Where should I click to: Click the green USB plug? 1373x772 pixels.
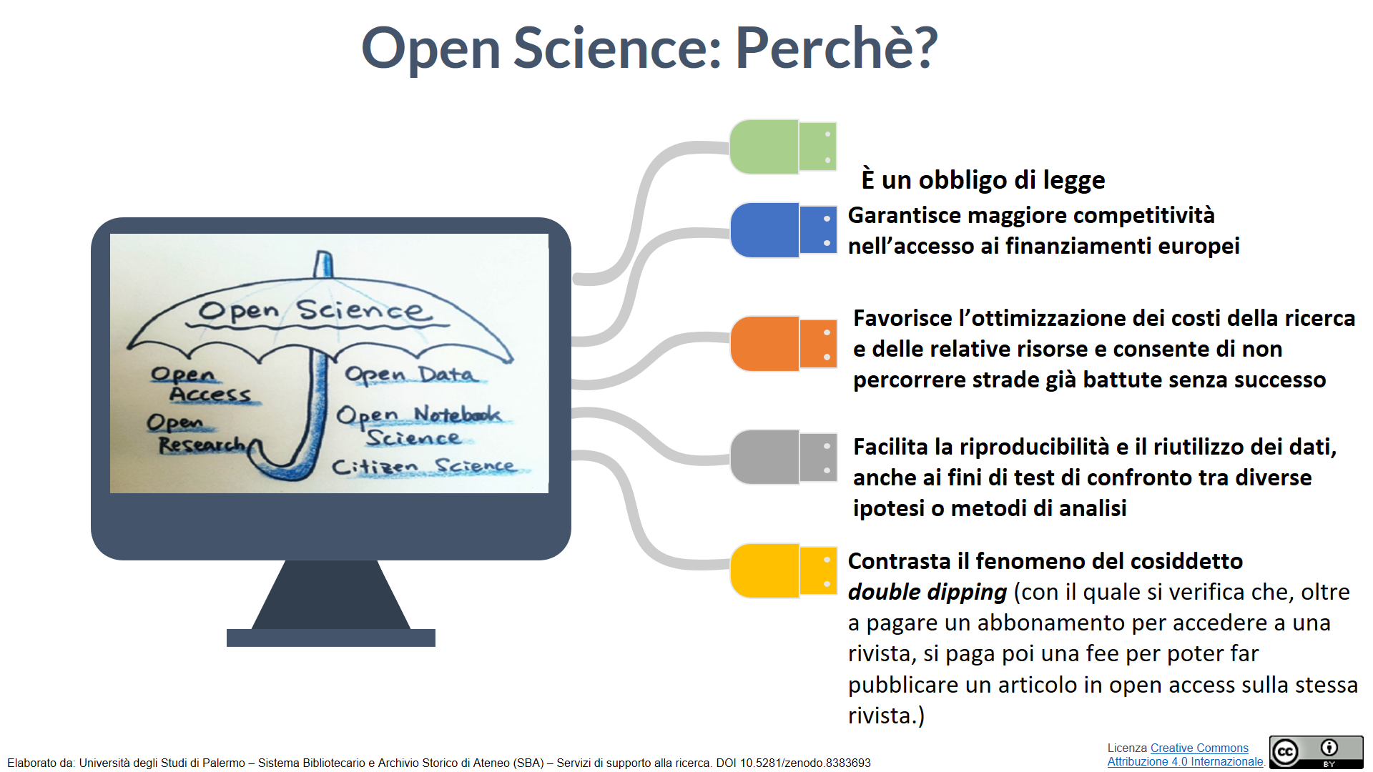[x=783, y=147]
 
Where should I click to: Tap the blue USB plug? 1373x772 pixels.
[x=783, y=230]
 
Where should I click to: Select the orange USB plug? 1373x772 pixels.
[x=783, y=344]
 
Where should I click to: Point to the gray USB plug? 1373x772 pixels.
[x=783, y=457]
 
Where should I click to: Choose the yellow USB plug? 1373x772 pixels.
[x=783, y=570]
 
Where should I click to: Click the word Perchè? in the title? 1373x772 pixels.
[x=836, y=49]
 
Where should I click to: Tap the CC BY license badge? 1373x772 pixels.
[x=1317, y=752]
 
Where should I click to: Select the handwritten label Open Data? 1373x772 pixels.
[x=410, y=375]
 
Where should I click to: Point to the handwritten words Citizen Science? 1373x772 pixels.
[x=423, y=466]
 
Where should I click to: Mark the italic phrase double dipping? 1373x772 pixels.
[x=927, y=593]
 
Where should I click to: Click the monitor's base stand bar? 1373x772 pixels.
[x=331, y=638]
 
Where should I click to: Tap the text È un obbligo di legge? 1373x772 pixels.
[x=983, y=179]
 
